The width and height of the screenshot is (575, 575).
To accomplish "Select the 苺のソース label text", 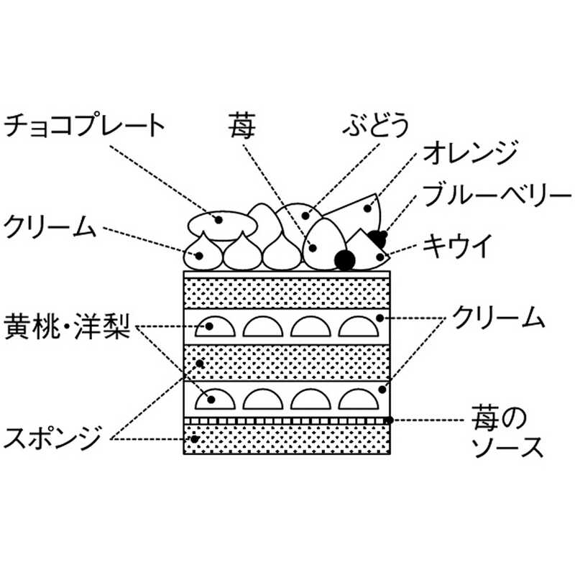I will pos(502,431).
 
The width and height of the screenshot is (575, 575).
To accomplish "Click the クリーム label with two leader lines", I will pos(495,317).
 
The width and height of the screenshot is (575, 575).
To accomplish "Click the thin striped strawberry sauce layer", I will pos(287,420).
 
